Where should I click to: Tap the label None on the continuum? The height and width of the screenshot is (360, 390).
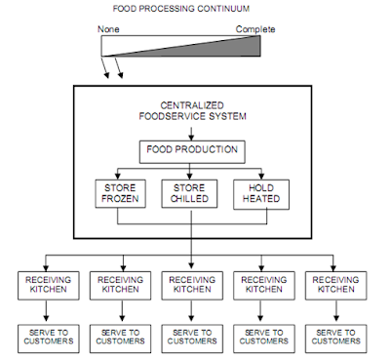(108, 29)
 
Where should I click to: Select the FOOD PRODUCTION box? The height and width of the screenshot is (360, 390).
(191, 151)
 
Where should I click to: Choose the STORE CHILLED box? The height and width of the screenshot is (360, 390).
(191, 193)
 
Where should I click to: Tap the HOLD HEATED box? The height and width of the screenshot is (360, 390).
(256, 193)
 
